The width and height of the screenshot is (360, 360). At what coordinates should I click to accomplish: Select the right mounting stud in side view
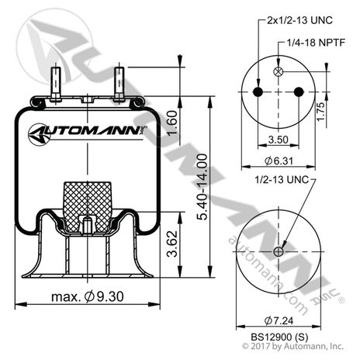coord(119,82)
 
